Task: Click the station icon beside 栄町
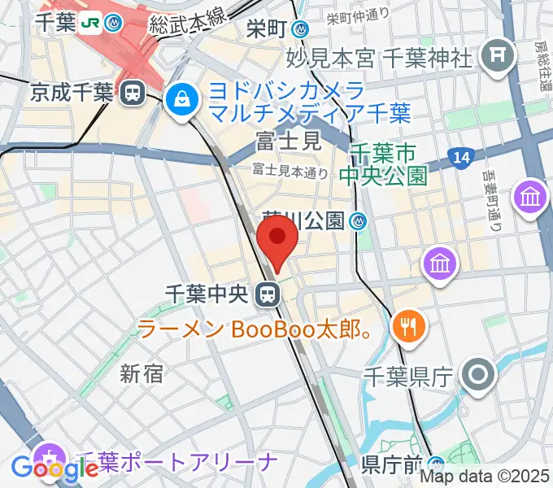pos(303,29)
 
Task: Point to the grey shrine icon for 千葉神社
pos(494,56)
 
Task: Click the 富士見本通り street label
pos(290,171)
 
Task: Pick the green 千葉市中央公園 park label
pos(390,163)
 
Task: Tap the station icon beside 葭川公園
pos(359,220)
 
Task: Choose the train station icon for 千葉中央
pos(266,294)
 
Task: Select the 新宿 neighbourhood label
pos(142,373)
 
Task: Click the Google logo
pos(54,468)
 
